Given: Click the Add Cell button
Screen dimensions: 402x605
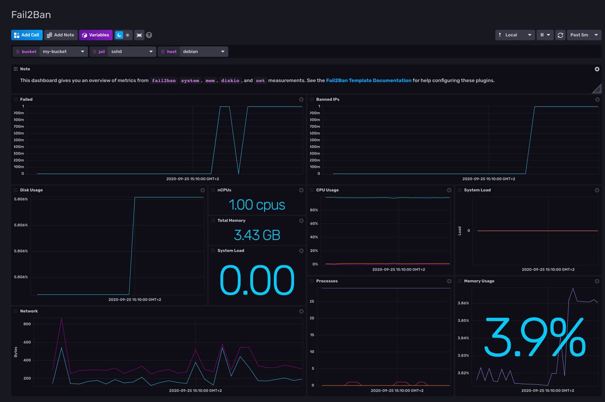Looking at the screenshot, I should click(27, 35).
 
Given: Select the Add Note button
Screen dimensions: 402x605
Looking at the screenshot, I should click(60, 35).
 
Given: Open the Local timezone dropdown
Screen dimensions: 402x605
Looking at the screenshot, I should click(514, 35).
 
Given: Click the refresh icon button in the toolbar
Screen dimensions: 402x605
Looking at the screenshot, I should click(560, 35).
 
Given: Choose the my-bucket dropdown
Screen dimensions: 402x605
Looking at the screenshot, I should click(64, 51).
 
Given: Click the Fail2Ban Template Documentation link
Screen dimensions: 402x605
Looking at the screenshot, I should click(369, 80).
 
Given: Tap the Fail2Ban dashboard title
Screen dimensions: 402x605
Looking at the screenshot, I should click(31, 15).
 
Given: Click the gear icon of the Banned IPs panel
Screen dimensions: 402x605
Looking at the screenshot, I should click(597, 100).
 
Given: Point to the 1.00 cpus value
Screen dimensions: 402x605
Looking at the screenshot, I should click(257, 205).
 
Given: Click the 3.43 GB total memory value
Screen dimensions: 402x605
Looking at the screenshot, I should click(257, 235).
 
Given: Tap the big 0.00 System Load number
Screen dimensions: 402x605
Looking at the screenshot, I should click(257, 280).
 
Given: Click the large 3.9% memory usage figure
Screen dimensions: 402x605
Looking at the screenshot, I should click(534, 337).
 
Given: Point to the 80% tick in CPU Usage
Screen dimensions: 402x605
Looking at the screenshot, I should click(314, 210).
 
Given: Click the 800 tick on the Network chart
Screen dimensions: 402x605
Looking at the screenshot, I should click(27, 324).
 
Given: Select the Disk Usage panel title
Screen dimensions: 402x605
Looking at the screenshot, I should click(31, 190).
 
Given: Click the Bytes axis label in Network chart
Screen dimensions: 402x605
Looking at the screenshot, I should click(16, 351).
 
